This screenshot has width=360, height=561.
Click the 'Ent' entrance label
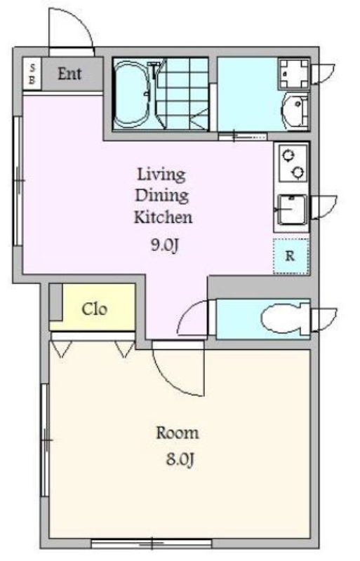click(x=69, y=74)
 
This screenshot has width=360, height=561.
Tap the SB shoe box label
click(x=32, y=74)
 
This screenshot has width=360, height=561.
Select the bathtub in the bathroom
click(x=133, y=94)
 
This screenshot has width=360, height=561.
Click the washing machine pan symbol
click(x=294, y=74)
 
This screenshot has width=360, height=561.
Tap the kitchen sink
click(x=293, y=210)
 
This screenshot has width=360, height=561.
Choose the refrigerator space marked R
click(x=291, y=256)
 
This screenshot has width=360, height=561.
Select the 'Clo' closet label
click(x=94, y=309)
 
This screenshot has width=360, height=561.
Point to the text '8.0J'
click(x=180, y=459)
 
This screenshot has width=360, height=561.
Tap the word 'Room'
click(x=178, y=433)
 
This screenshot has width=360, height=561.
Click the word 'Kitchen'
click(x=163, y=217)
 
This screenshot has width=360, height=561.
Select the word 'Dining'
click(x=161, y=196)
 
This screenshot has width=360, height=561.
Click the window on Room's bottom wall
click(x=152, y=544)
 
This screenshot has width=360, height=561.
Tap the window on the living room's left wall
click(x=18, y=181)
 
